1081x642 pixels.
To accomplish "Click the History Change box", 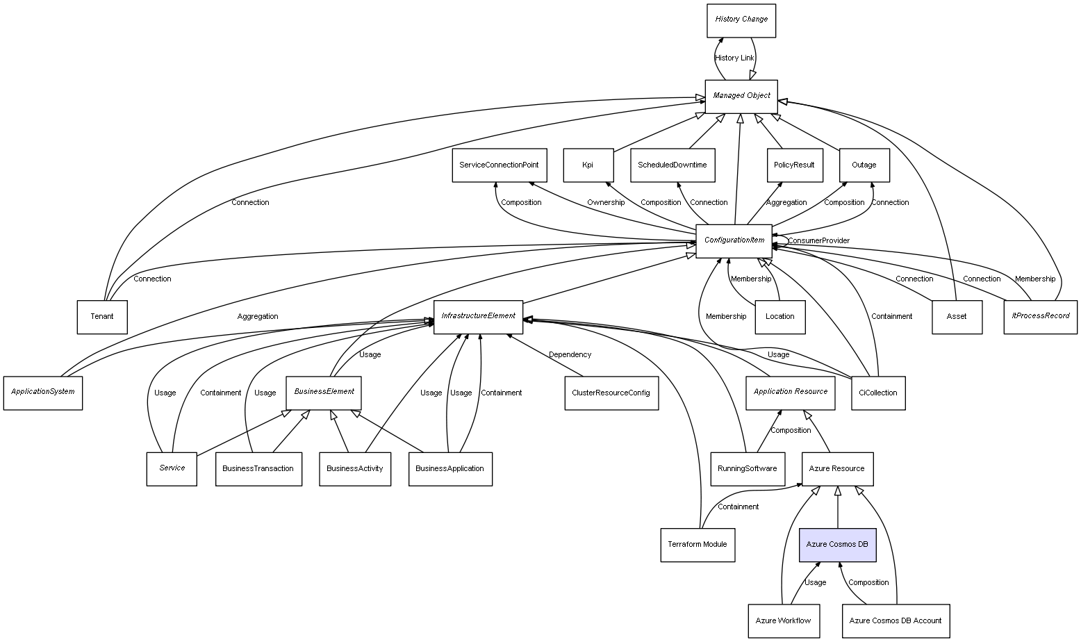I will pyautogui.click(x=741, y=20).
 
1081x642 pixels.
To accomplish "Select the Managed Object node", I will pyautogui.click(x=741, y=96).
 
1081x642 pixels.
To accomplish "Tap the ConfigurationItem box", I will pyautogui.click(x=734, y=241).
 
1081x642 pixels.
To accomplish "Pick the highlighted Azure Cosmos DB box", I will pyautogui.click(x=837, y=545).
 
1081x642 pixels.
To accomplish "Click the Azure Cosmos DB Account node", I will pyautogui.click(x=895, y=620).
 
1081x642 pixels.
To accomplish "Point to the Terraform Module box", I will pyautogui.click(x=697, y=545).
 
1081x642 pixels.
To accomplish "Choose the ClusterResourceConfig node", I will pyautogui.click(x=611, y=393).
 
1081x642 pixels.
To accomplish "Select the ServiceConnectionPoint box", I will pyautogui.click(x=499, y=165).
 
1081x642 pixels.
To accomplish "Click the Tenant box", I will pyautogui.click(x=101, y=317).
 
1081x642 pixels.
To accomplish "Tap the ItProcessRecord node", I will pyautogui.click(x=1040, y=317).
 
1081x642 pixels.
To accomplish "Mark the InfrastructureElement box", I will pyautogui.click(x=478, y=317).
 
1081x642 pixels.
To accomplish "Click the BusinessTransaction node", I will pyautogui.click(x=258, y=469).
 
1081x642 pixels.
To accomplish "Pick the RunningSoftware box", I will pyautogui.click(x=748, y=469).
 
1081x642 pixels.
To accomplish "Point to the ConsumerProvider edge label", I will pyautogui.click(x=818, y=241).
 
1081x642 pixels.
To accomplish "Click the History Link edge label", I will pyautogui.click(x=734, y=58).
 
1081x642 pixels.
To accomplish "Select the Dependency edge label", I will pyautogui.click(x=570, y=355).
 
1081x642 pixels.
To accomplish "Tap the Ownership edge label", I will pyautogui.click(x=605, y=203).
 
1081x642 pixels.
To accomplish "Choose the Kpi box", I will pyautogui.click(x=588, y=165).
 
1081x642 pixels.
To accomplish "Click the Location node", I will pyautogui.click(x=779, y=317).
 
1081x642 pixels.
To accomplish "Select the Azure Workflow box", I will pyautogui.click(x=783, y=620).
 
